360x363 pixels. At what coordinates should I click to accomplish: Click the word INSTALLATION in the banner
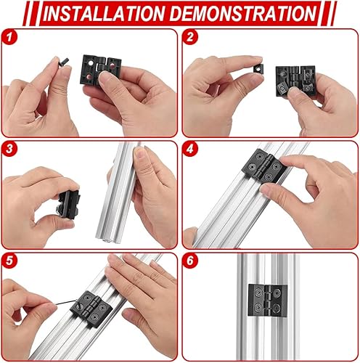[x=104, y=13]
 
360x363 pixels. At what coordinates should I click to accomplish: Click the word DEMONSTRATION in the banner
[x=243, y=13]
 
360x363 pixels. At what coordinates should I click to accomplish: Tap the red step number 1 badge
[x=9, y=37]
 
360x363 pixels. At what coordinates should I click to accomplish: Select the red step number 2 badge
[x=190, y=37]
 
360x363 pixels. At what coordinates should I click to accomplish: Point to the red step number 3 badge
[x=9, y=149]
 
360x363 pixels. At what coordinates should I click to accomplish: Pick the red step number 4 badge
[x=190, y=149]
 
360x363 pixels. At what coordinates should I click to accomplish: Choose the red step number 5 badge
[x=9, y=261]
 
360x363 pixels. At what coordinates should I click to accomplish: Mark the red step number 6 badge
[x=190, y=261]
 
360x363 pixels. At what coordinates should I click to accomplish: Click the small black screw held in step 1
[x=64, y=61]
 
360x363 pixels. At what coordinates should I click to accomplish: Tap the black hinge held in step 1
[x=100, y=70]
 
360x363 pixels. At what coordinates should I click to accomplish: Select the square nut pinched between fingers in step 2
[x=258, y=68]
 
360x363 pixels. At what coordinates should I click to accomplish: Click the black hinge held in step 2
[x=295, y=81]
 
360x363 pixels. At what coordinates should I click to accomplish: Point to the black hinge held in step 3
[x=69, y=205]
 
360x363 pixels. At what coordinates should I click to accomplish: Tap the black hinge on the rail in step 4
[x=264, y=166]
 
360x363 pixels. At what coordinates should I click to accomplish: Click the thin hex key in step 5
[x=67, y=302]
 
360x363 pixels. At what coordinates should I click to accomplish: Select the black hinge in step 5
[x=91, y=309]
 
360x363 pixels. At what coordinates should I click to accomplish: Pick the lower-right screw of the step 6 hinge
[x=277, y=308]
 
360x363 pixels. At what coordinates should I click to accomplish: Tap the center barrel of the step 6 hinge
[x=268, y=300]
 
